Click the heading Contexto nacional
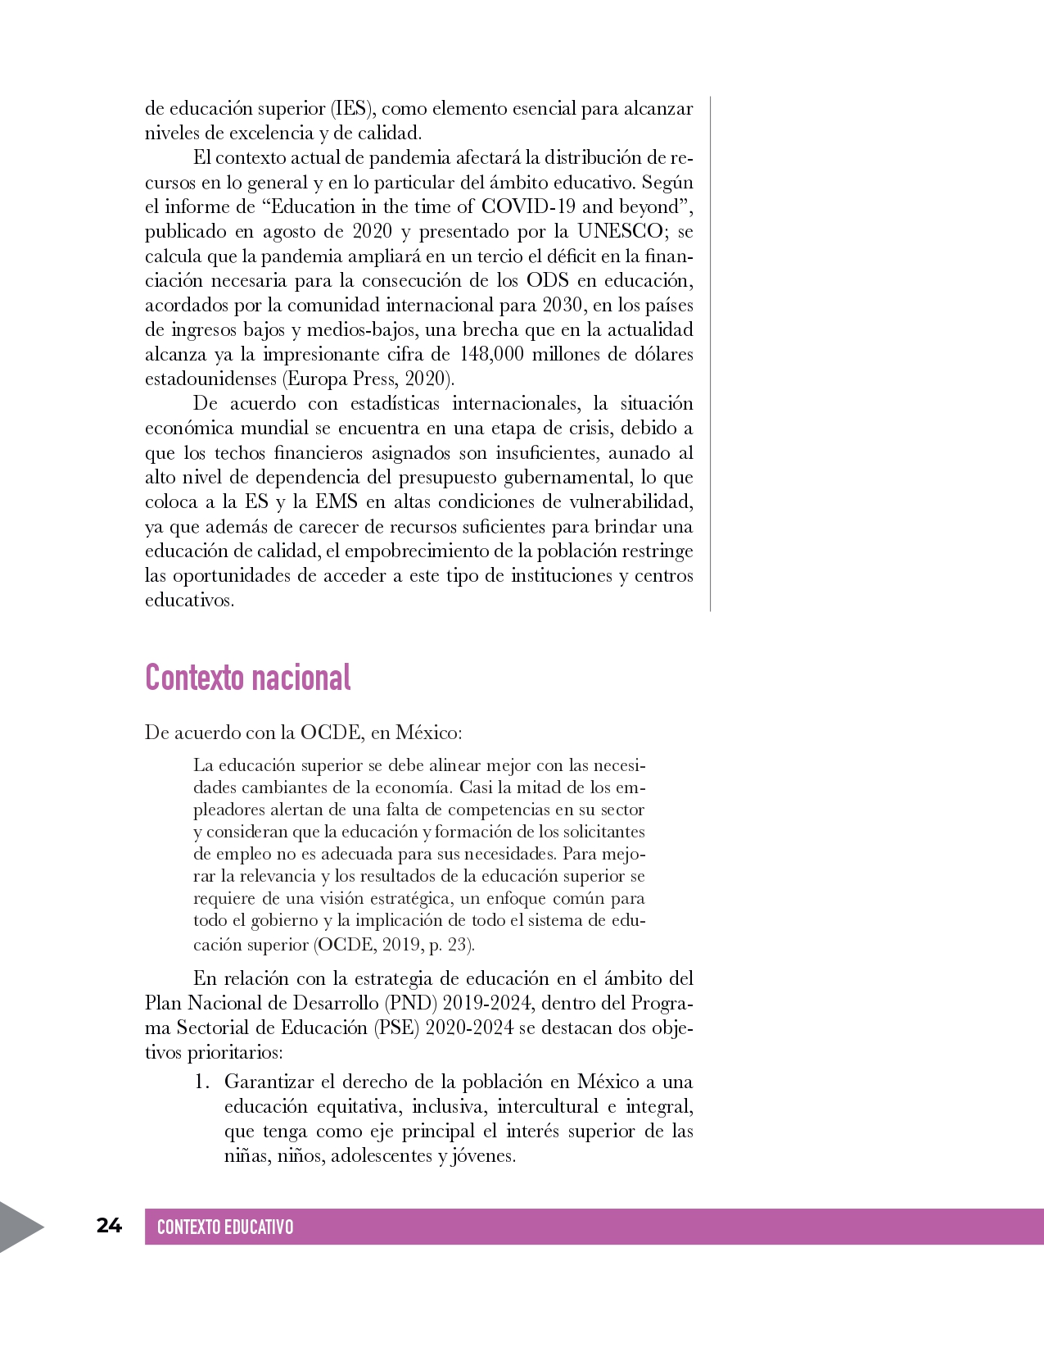click(x=247, y=678)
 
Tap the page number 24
click(x=109, y=1225)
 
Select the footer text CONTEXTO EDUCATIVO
click(x=224, y=1227)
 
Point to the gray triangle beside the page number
click(x=20, y=1227)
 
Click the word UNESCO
click(x=620, y=231)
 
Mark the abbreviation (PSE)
click(x=397, y=1028)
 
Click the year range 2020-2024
click(x=469, y=1028)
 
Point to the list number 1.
click(x=201, y=1082)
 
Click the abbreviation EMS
click(x=337, y=501)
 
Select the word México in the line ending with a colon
click(x=426, y=732)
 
